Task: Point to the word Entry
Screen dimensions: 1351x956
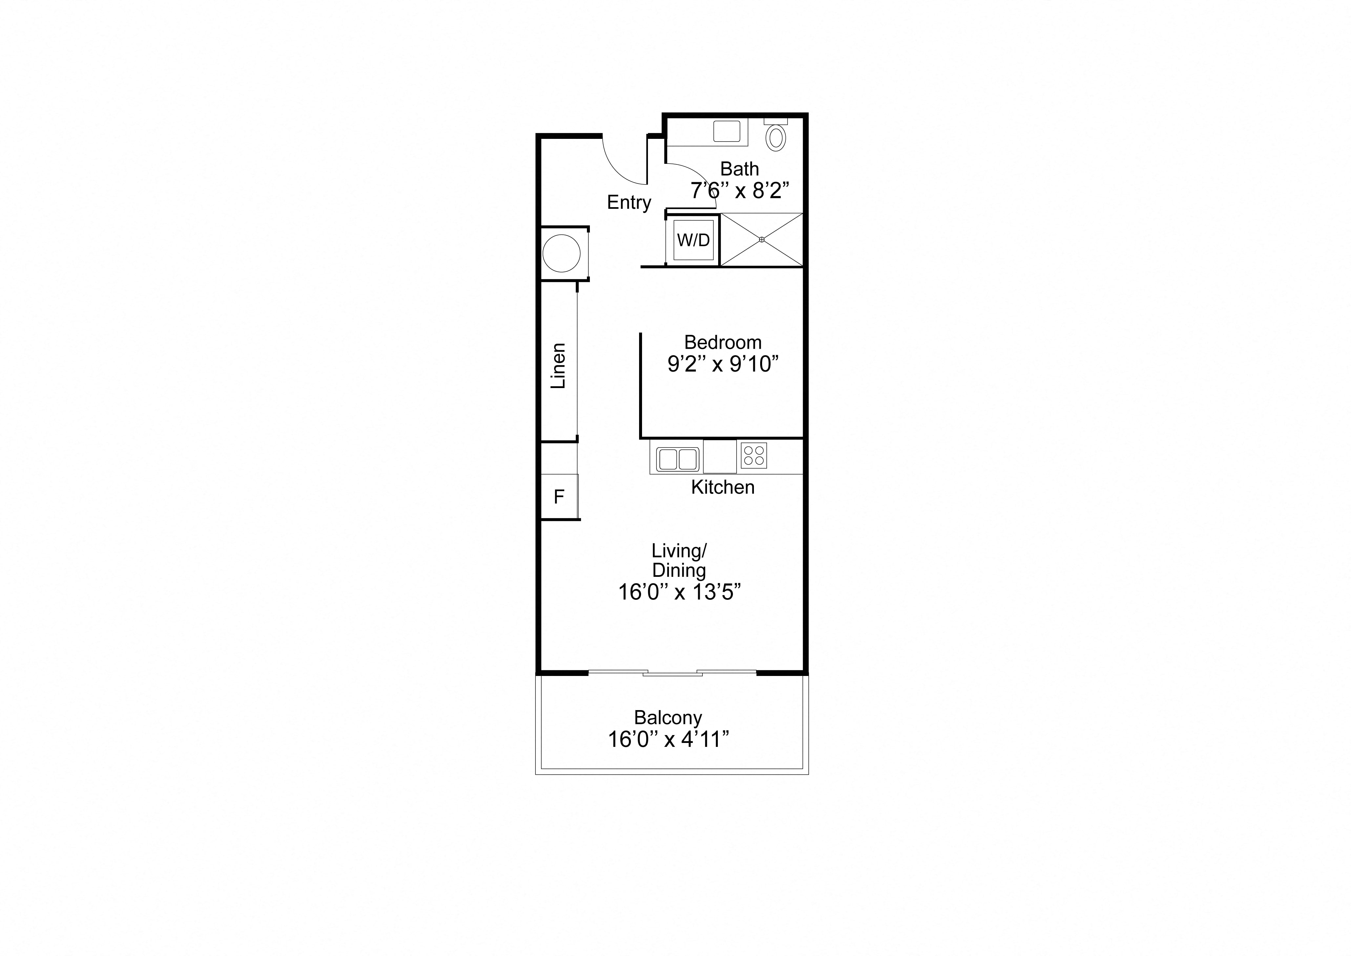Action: tap(629, 203)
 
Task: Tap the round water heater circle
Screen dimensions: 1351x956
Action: tap(561, 253)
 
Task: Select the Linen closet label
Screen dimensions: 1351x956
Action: tap(558, 366)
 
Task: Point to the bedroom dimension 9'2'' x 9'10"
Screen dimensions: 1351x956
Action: tap(723, 364)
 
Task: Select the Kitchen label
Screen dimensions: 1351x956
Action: tap(722, 488)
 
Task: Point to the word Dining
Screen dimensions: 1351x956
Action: tap(679, 571)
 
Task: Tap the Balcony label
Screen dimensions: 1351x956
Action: tap(668, 718)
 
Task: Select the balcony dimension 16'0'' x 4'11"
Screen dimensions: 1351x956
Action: tap(668, 739)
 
